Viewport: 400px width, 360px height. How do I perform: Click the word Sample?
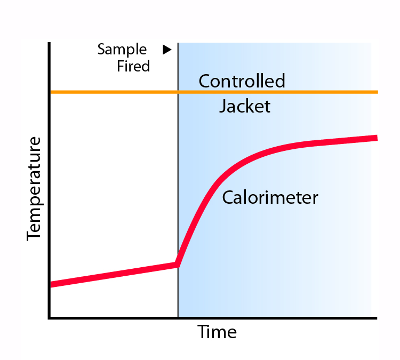[x=122, y=50]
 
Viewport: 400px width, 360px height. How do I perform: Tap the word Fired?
[x=133, y=66]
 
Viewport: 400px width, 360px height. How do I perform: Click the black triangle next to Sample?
[x=167, y=50]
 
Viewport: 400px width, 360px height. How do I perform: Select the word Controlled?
[x=242, y=81]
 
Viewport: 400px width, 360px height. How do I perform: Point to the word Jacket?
[x=245, y=107]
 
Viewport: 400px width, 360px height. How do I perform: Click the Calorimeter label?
[x=270, y=198]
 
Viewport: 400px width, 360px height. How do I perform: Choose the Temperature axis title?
[x=34, y=188]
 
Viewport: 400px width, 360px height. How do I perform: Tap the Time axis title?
[x=217, y=332]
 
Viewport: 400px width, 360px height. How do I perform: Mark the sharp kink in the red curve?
[x=177, y=264]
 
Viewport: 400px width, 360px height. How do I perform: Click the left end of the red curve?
[x=51, y=284]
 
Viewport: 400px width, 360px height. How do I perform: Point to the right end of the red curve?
[x=377, y=138]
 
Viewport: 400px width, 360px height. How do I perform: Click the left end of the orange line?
[x=51, y=92]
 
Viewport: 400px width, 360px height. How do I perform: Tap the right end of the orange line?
[x=377, y=92]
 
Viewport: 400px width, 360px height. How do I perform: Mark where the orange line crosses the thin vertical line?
[x=178, y=92]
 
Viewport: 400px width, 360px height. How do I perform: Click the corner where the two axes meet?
[x=49, y=318]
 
